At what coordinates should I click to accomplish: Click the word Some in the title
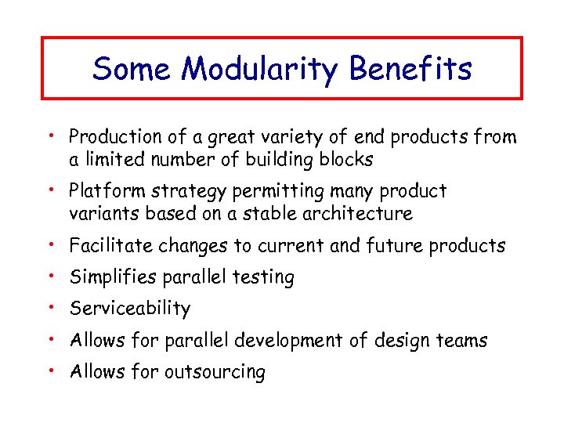(132, 69)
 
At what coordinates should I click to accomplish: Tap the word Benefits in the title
(411, 69)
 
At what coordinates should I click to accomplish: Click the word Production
(112, 137)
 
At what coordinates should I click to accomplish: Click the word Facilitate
(111, 246)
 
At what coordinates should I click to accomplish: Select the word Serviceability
(130, 309)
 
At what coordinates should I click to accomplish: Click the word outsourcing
(215, 372)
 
